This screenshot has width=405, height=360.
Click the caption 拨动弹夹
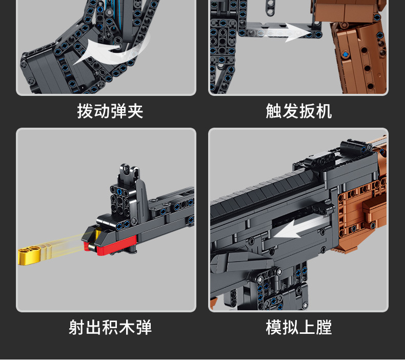[x=110, y=111]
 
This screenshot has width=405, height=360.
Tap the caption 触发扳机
[x=298, y=111]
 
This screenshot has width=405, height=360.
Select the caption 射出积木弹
[x=110, y=327]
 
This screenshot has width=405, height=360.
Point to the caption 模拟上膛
[x=298, y=327]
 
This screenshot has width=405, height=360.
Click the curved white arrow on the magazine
[x=105, y=51]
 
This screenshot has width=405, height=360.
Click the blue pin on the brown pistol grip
[x=346, y=54]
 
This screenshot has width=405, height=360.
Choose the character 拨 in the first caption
[x=85, y=111]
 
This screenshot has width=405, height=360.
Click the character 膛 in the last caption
[x=323, y=327]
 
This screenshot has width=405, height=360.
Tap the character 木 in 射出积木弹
[x=127, y=327]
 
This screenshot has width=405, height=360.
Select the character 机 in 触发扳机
[x=323, y=111]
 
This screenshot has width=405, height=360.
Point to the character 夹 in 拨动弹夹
[x=135, y=111]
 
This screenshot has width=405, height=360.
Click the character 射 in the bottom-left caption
[x=77, y=327]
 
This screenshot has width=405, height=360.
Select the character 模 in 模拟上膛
[x=274, y=327]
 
